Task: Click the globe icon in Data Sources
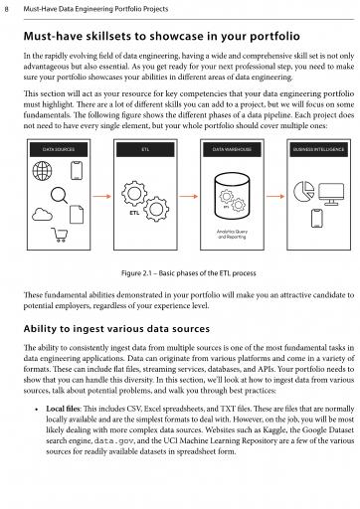[x=42, y=171]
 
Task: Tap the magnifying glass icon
[x=59, y=195]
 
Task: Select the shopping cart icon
[x=60, y=235]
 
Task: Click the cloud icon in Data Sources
[x=42, y=215]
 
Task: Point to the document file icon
[x=77, y=215]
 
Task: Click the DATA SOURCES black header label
[x=59, y=149]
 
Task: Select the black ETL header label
[x=145, y=149]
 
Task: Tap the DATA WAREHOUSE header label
[x=232, y=149]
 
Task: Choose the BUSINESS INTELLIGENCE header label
[x=318, y=149]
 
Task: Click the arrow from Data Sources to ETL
[x=101, y=197]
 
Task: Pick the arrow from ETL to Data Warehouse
[x=189, y=197]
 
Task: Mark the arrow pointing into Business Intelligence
[x=275, y=197]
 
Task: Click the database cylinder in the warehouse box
[x=232, y=196]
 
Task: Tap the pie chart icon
[x=303, y=191]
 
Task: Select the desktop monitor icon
[x=331, y=195]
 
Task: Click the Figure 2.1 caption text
[x=189, y=273]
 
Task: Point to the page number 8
[x=7, y=9]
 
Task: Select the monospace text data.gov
[x=113, y=441]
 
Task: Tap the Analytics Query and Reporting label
[x=232, y=235]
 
